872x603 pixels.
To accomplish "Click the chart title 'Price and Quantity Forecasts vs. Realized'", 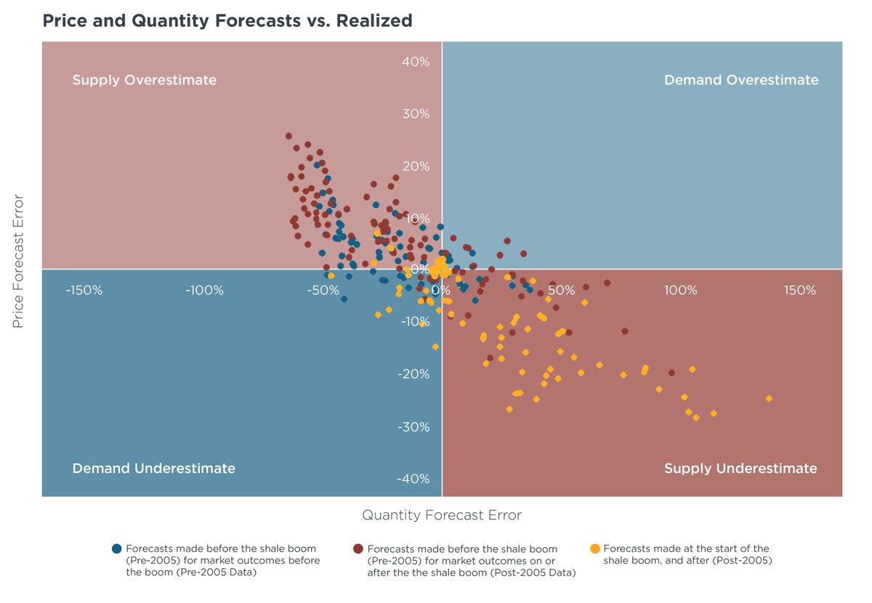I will (x=227, y=20).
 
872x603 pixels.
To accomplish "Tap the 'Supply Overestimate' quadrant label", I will (x=144, y=80).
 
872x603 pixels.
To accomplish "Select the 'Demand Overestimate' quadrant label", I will (x=740, y=80).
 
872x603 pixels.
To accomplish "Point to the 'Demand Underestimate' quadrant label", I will (x=153, y=469).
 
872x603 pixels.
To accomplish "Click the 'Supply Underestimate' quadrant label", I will (x=740, y=469).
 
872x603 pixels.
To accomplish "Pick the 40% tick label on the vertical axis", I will (x=416, y=62).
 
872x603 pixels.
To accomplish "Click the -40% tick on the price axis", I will (x=414, y=479).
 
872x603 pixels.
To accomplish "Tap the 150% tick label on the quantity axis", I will (x=799, y=291).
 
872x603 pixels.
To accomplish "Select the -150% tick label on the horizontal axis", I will (x=84, y=291).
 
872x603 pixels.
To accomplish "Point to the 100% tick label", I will (x=680, y=291).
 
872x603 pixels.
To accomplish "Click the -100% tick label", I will (x=203, y=291).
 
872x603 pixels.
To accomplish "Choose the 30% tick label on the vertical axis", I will (x=416, y=114).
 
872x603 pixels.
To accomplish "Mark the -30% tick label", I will (x=414, y=426).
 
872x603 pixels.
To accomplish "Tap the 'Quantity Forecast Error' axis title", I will (x=442, y=515).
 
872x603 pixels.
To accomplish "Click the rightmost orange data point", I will (x=769, y=399).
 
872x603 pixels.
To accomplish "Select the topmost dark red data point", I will (x=288, y=136).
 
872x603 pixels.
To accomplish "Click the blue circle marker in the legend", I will (x=116, y=549).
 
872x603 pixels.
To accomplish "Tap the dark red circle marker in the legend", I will (x=358, y=549).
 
